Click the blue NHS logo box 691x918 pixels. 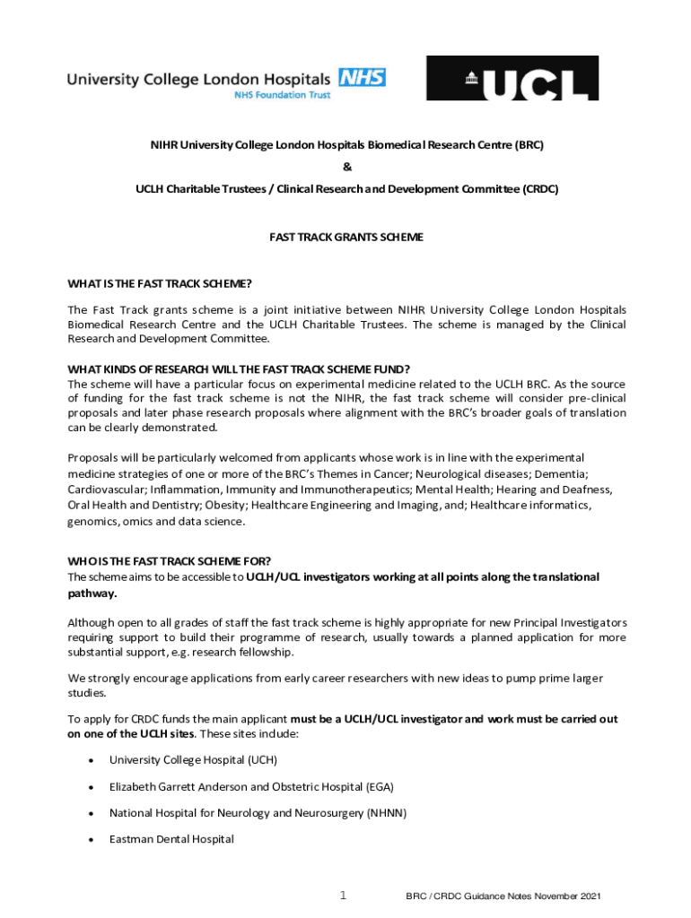click(362, 77)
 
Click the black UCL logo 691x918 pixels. click(512, 78)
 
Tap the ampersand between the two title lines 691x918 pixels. click(346, 167)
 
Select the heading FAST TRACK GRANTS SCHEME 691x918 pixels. click(346, 238)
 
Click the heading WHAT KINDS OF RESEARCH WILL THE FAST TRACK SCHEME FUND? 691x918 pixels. click(239, 368)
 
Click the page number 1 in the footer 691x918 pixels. click(343, 895)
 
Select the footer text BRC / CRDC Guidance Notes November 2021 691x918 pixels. click(503, 896)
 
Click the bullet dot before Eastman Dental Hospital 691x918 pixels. click(92, 839)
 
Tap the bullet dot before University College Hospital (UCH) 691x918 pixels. click(92, 760)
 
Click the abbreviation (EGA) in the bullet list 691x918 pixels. click(380, 786)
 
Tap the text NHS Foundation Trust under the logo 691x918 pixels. click(283, 94)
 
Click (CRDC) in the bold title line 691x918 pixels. click(539, 189)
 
